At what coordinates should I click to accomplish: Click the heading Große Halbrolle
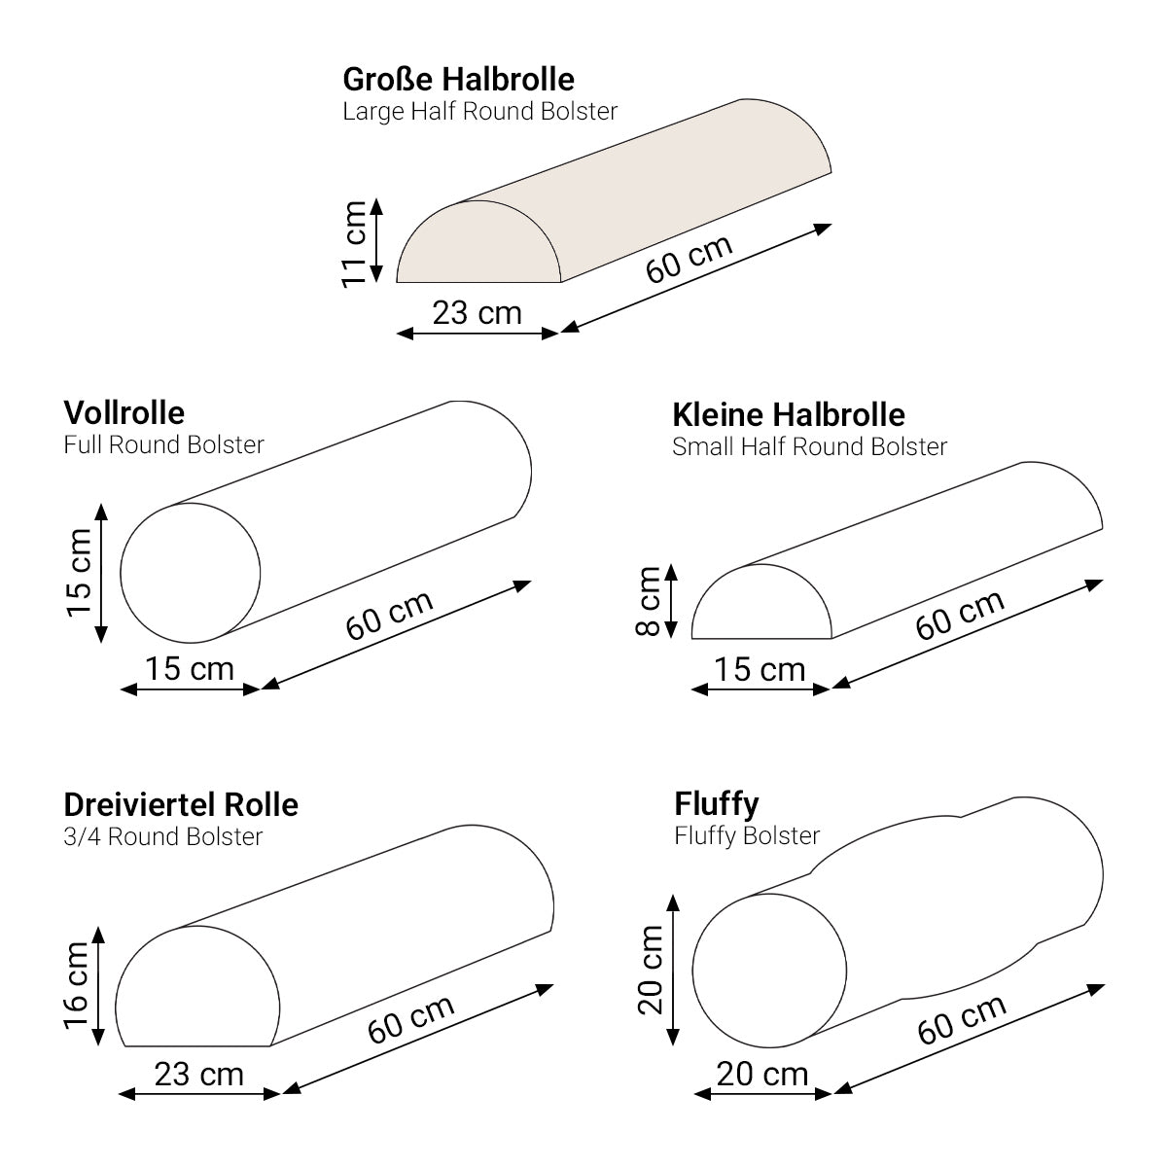click(x=458, y=80)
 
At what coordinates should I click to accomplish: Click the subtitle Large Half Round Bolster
click(x=479, y=112)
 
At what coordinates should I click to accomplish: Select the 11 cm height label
click(x=354, y=244)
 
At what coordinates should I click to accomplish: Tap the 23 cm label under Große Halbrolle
click(x=477, y=313)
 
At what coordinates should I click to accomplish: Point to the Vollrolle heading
click(x=124, y=413)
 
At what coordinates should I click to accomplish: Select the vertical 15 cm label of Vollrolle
click(x=79, y=573)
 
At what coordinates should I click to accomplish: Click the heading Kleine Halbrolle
click(x=789, y=415)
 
